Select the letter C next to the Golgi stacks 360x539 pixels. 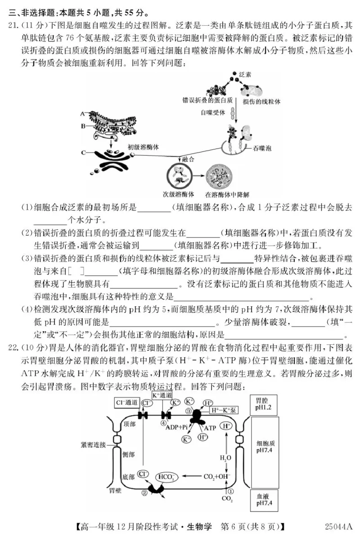(x=84, y=153)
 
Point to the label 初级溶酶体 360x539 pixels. (x=143, y=147)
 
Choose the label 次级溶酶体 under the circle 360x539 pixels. (x=178, y=195)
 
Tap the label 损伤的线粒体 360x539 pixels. (x=261, y=102)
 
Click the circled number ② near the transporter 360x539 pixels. (x=144, y=494)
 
